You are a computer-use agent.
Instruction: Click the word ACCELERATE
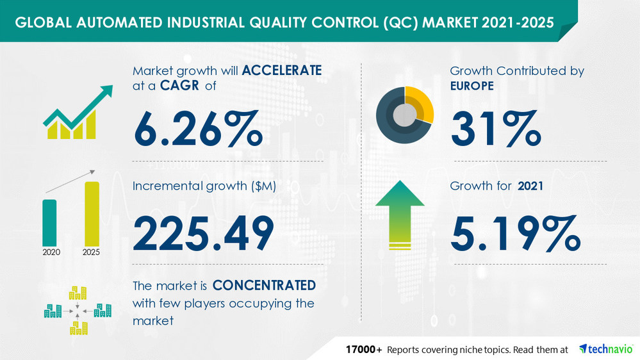point(280,70)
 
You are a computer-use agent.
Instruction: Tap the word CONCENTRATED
point(264,284)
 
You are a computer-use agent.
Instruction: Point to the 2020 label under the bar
point(51,252)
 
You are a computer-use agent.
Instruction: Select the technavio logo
point(606,349)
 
